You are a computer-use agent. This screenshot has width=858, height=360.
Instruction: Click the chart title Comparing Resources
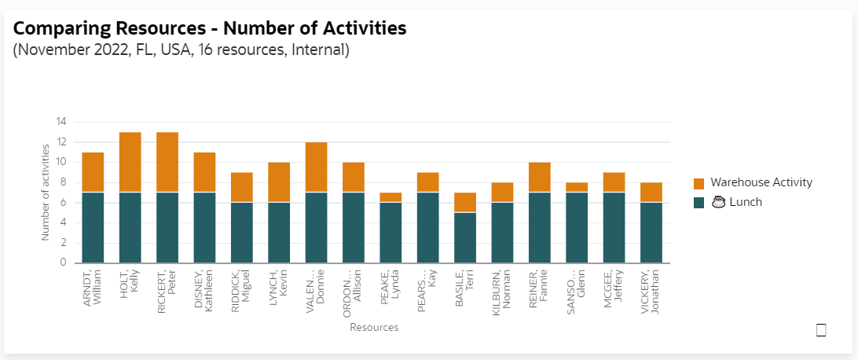210,29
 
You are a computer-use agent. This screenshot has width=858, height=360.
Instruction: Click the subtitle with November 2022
181,50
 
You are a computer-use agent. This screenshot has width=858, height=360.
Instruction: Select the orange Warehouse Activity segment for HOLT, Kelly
130,162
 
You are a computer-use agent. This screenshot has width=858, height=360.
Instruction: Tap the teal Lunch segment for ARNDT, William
93,227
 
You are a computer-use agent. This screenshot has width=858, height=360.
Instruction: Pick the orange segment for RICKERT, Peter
167,162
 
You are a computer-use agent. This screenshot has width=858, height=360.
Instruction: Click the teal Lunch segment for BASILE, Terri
465,237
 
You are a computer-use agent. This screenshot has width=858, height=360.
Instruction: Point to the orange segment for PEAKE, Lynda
390,197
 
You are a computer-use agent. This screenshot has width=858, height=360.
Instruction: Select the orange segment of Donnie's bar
316,167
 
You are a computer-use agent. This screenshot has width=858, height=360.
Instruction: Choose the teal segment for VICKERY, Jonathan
651,233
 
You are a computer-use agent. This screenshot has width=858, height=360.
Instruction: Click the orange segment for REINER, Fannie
540,177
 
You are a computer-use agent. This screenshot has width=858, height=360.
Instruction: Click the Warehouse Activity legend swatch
698,183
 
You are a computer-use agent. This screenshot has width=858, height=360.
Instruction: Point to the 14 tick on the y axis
60,122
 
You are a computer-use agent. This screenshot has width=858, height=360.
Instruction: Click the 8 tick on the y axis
63,182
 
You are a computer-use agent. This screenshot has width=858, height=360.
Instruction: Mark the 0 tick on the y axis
63,263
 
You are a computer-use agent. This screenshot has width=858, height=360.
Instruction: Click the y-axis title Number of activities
46,192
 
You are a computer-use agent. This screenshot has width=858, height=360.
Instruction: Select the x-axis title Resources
374,327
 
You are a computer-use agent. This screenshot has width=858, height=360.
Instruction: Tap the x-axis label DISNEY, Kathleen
203,291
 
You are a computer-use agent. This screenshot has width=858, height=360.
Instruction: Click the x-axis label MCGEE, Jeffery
614,289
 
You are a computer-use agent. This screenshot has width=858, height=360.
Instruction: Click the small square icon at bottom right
821,330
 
